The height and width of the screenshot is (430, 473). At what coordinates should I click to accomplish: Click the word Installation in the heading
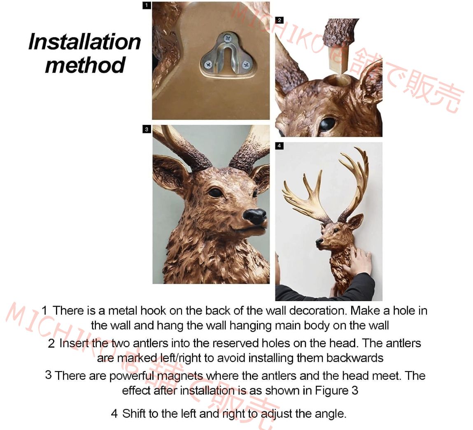coord(84,42)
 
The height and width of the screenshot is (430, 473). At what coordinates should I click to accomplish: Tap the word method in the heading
coord(85,65)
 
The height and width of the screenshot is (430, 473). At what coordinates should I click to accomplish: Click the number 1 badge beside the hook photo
coord(147,5)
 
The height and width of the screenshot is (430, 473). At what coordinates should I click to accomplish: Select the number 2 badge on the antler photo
coord(280,20)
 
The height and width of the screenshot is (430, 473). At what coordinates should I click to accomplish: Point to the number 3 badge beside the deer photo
coord(147,129)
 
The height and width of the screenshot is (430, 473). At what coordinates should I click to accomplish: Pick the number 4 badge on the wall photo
coord(280,146)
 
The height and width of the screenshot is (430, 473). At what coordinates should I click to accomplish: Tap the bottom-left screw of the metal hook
coord(208,64)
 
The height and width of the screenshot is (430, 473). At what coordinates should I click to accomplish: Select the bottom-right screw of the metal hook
coord(246,64)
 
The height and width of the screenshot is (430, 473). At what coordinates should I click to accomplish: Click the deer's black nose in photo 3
coord(255,215)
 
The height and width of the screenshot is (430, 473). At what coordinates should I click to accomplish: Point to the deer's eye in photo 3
coord(215,192)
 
